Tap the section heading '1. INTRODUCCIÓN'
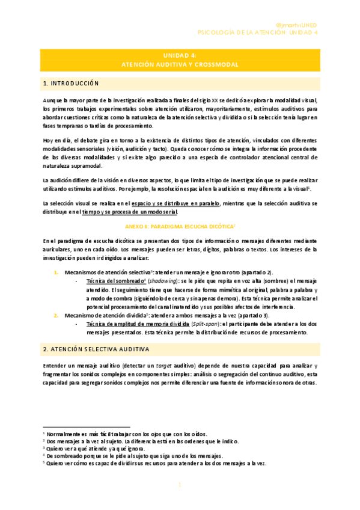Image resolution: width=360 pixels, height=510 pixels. (70, 83)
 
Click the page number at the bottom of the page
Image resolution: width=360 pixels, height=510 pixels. (180, 485)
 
